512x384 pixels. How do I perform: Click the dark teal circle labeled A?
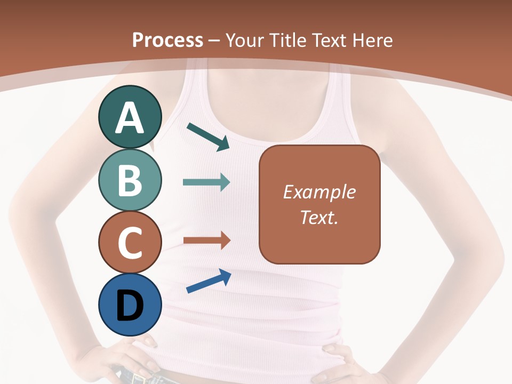pyautogui.click(x=130, y=117)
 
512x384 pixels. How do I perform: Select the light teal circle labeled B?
pyautogui.click(x=130, y=180)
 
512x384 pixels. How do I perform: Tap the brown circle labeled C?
pyautogui.click(x=130, y=242)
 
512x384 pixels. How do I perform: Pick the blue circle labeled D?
pyautogui.click(x=130, y=305)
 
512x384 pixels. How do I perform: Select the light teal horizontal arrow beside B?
pyautogui.click(x=206, y=182)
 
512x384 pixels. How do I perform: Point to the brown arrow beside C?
pyautogui.click(x=206, y=240)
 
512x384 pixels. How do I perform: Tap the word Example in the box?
pyautogui.click(x=319, y=191)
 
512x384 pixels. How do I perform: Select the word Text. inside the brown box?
pyautogui.click(x=319, y=218)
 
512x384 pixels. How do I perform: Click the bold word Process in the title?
pyautogui.click(x=167, y=40)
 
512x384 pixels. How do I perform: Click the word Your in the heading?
pyautogui.click(x=244, y=40)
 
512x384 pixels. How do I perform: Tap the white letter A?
pyautogui.click(x=130, y=118)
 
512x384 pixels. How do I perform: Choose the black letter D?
pyautogui.click(x=130, y=306)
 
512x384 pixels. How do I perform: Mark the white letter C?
pyautogui.click(x=130, y=243)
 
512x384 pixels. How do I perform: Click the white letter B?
pyautogui.click(x=130, y=181)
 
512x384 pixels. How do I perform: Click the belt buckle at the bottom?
pyautogui.click(x=139, y=378)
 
